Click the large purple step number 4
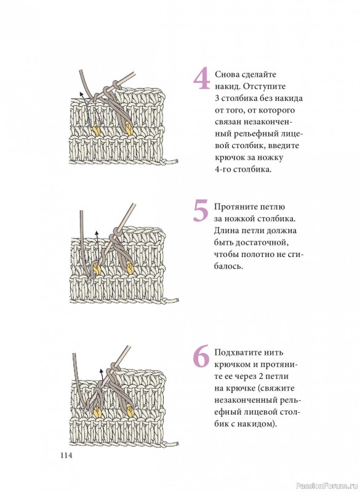point(202,79)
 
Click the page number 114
point(66,455)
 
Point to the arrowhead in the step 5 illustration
point(97,233)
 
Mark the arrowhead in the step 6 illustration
point(101,371)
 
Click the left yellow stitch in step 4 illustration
point(97,129)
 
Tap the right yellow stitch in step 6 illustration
point(130,410)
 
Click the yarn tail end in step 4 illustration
point(177,162)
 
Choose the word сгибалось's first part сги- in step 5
point(295,255)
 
